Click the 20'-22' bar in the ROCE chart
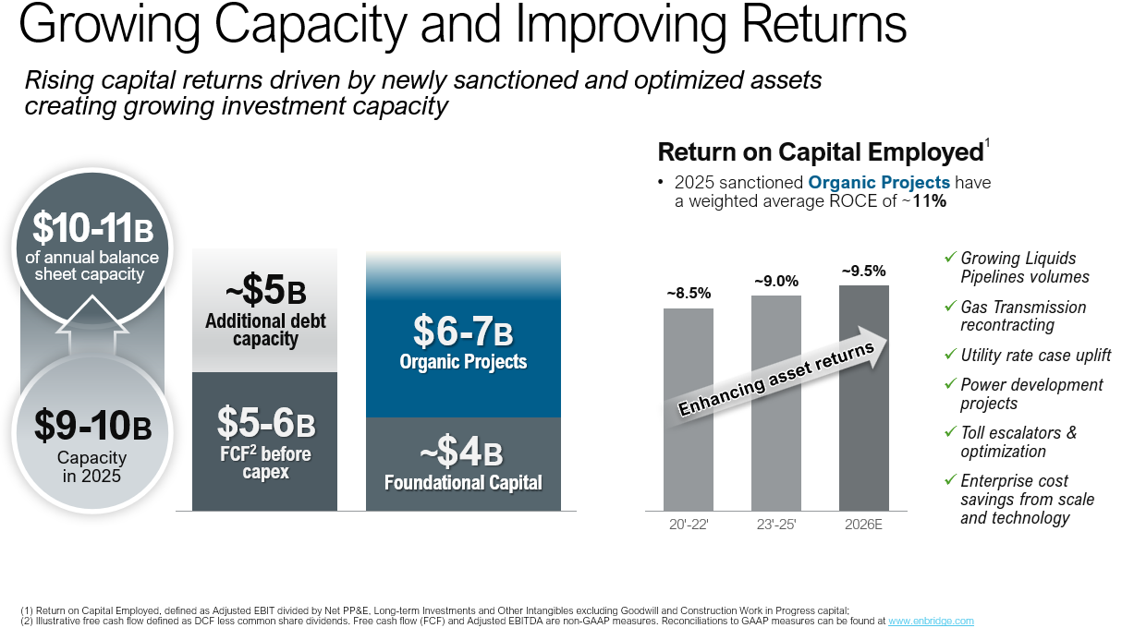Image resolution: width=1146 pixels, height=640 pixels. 688,443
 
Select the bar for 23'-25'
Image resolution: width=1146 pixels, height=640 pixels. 776,443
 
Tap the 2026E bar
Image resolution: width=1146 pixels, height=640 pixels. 863,443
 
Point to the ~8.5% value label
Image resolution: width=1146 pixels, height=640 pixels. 689,294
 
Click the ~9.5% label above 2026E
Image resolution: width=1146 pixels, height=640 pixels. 863,271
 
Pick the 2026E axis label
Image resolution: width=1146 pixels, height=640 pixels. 863,525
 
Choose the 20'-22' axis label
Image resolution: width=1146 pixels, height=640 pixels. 689,525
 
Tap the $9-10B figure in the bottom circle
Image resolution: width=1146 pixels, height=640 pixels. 92,426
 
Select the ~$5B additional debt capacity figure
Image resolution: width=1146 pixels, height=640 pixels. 265,293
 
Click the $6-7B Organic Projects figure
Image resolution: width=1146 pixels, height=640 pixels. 463,332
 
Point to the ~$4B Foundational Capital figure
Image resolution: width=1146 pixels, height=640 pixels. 463,453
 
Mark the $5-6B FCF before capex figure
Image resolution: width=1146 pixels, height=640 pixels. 266,424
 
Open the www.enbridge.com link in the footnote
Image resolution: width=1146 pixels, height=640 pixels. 931,622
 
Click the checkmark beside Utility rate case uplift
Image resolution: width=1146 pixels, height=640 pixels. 950,355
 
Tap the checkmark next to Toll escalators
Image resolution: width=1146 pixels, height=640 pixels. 950,432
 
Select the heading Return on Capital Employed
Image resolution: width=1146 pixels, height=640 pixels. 819,152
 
